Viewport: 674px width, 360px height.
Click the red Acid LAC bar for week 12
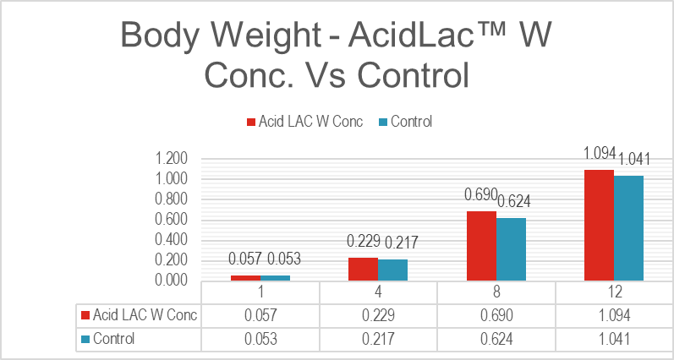coord(598,225)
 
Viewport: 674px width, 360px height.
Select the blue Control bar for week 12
coord(628,227)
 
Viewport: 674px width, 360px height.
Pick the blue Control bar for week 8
coord(511,248)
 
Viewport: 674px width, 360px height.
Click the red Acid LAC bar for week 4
coord(364,269)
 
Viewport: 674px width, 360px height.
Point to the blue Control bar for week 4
coord(393,270)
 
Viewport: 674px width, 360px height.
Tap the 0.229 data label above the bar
coord(364,242)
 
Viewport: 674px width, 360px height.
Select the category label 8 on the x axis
coord(496,292)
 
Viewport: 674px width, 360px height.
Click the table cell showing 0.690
coord(496,315)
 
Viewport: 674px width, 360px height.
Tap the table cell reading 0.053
coord(260,339)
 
